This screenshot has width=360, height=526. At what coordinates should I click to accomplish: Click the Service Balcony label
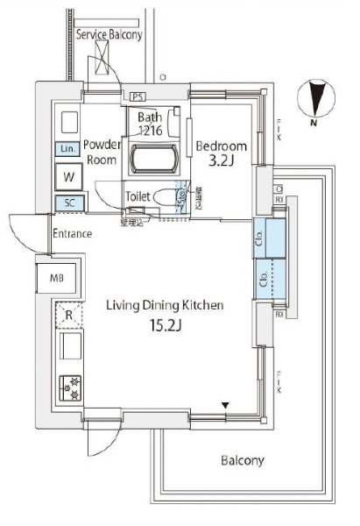click(110, 35)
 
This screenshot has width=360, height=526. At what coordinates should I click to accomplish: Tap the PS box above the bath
click(138, 96)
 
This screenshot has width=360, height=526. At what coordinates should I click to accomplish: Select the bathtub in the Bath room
click(154, 160)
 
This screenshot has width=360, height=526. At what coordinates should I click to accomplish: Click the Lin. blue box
click(67, 149)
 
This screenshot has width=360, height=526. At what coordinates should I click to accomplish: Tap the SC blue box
click(67, 204)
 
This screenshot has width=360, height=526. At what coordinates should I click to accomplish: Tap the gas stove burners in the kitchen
click(68, 387)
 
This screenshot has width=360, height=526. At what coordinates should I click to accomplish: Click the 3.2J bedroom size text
click(222, 162)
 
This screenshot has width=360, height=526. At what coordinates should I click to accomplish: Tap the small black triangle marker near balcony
click(225, 405)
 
